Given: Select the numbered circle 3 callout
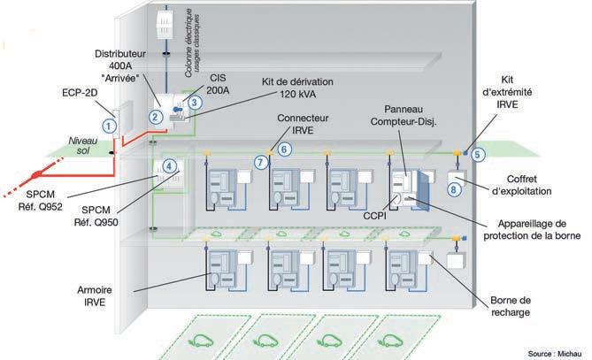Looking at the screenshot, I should (194, 103).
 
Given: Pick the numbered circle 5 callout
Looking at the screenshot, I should (479, 154).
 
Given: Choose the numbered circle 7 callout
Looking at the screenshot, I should (259, 162).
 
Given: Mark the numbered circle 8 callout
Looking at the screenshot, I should (454, 188).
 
